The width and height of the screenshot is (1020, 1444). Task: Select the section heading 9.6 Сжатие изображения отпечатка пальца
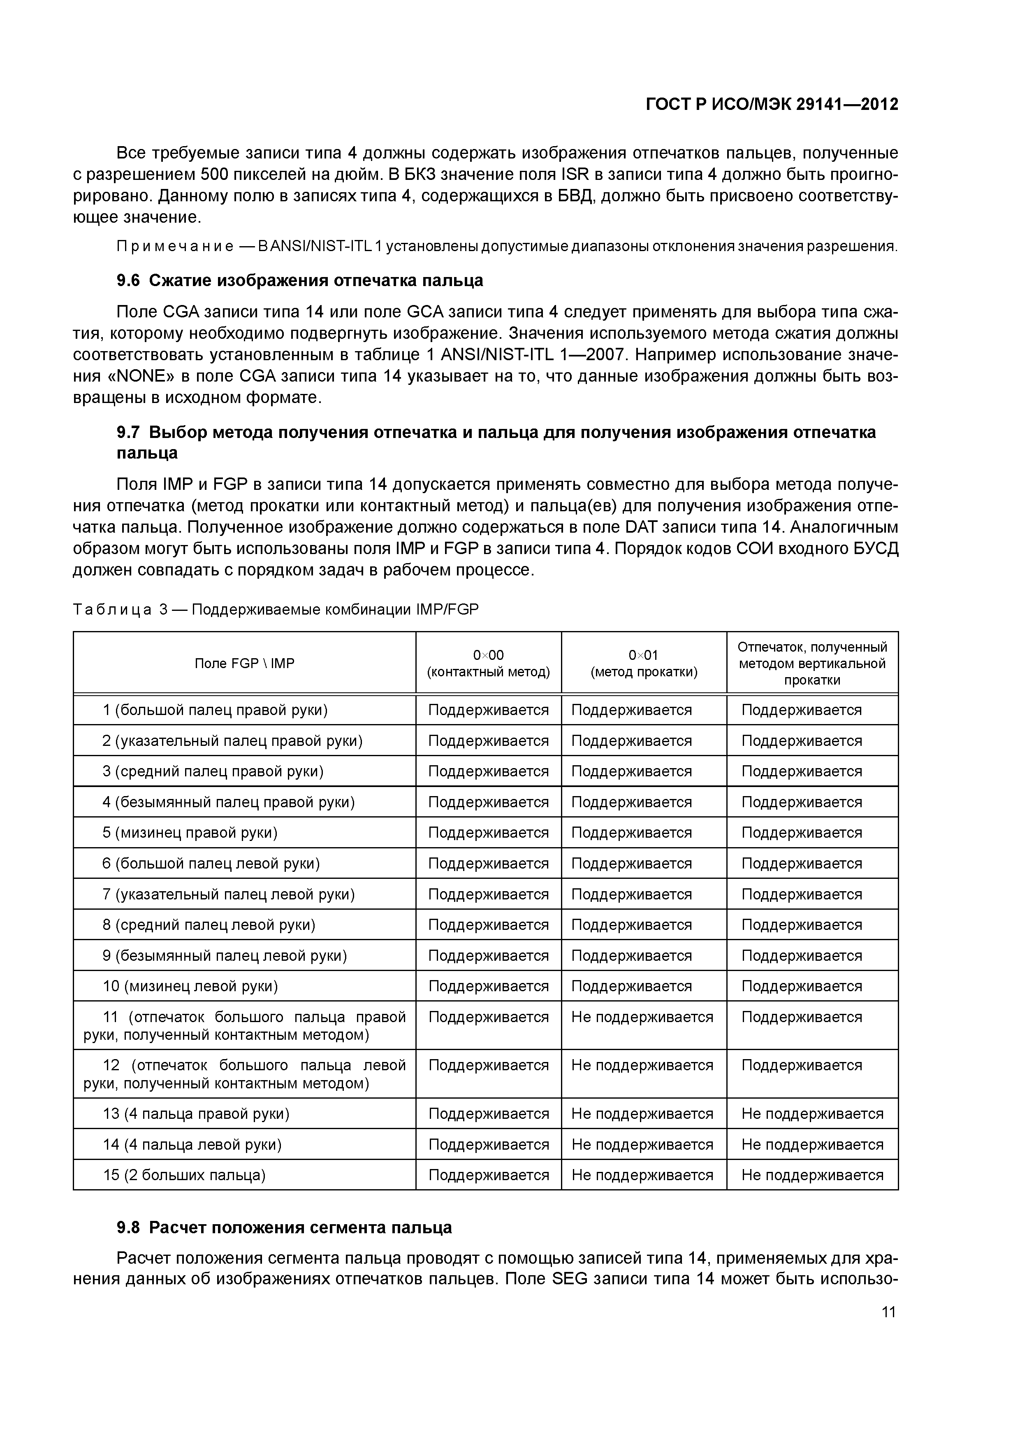click(300, 280)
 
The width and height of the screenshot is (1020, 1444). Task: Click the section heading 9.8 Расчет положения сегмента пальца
click(284, 1227)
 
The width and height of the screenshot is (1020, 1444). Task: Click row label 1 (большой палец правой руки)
click(215, 710)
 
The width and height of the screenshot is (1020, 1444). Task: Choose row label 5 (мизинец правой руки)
click(190, 833)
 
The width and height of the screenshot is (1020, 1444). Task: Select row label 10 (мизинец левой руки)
click(190, 986)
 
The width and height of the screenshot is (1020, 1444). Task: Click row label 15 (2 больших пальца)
click(184, 1175)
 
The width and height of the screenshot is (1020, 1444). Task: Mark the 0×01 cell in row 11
click(642, 1018)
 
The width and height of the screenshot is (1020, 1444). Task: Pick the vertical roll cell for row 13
click(812, 1114)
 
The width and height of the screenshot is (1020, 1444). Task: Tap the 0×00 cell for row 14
click(488, 1145)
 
